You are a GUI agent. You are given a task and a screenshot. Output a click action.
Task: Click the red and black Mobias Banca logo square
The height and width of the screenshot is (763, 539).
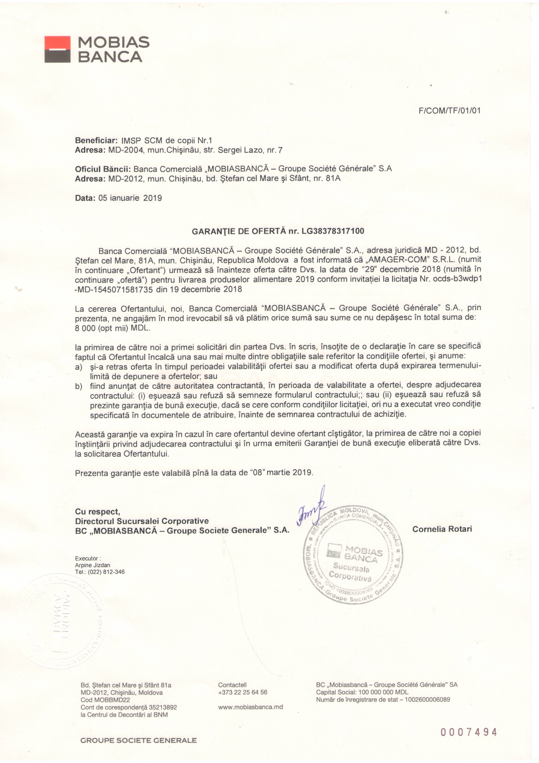pyautogui.click(x=57, y=49)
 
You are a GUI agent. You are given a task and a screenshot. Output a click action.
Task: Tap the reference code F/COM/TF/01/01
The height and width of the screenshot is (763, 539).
pyautogui.click(x=450, y=111)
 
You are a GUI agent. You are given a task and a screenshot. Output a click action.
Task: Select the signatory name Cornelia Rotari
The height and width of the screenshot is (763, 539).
pyautogui.click(x=442, y=529)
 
